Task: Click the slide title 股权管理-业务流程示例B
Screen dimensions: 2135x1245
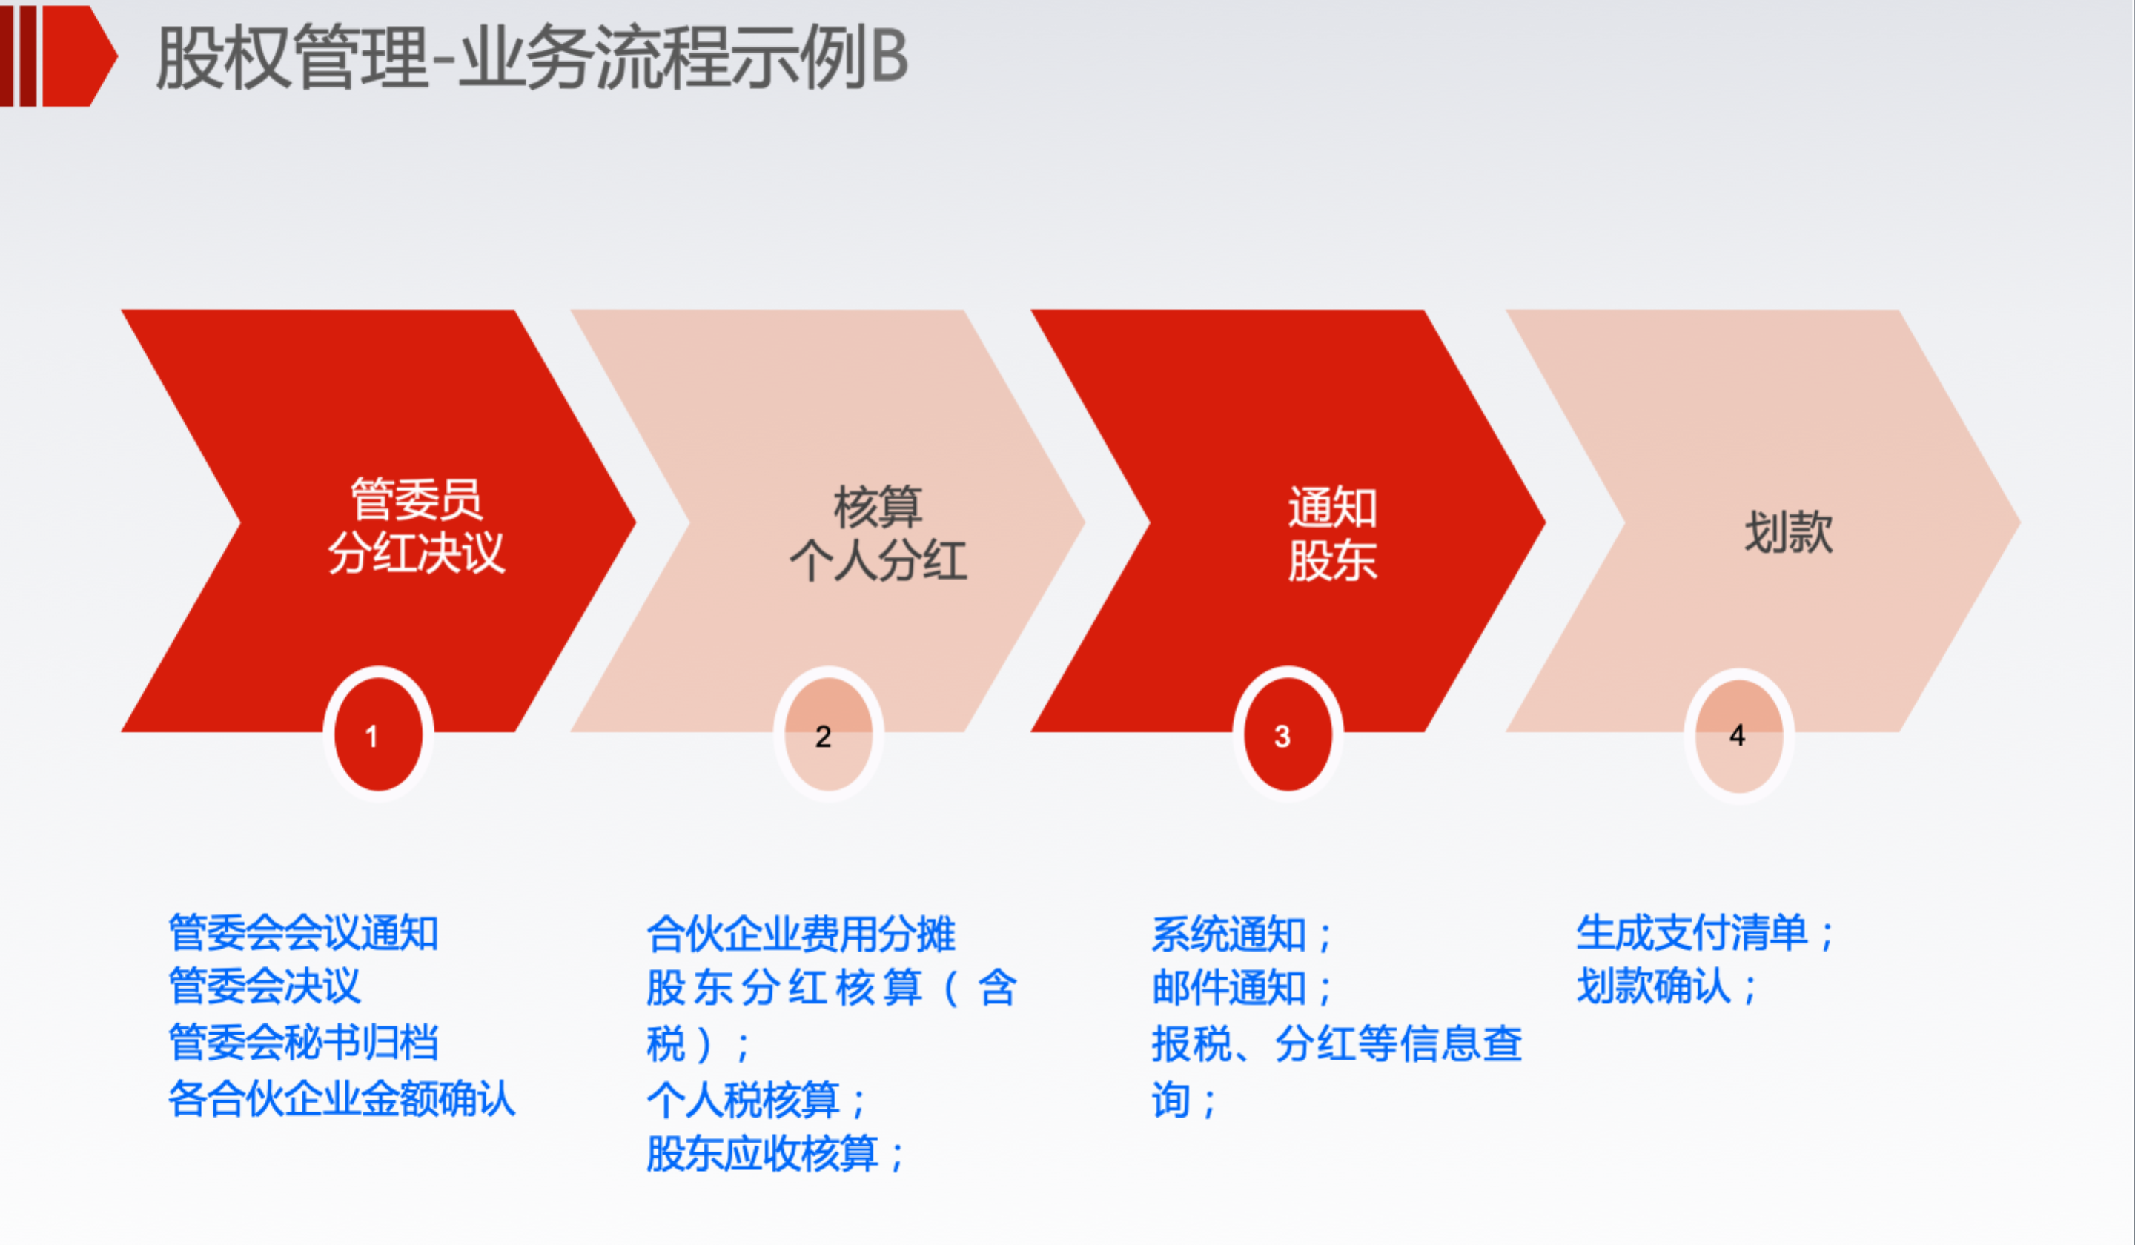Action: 532,57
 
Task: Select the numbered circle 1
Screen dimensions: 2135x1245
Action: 378,734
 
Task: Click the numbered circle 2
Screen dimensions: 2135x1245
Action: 828,734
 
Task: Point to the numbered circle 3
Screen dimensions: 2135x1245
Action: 1288,734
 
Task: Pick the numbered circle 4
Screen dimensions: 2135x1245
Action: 1738,734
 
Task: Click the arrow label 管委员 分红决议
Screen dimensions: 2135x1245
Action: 417,526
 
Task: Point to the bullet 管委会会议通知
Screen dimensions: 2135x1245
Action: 303,933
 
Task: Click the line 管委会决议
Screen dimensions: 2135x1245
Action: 265,986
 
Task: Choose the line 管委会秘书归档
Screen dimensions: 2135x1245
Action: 303,1043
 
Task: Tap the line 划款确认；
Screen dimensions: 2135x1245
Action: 1666,986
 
